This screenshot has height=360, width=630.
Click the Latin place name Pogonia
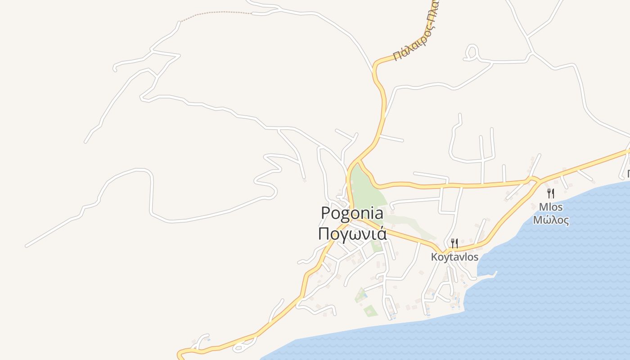coord(352,213)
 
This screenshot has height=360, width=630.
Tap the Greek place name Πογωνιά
coord(352,234)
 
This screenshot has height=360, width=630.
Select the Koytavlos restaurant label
coord(454,257)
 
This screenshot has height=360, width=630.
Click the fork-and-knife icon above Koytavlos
coord(454,243)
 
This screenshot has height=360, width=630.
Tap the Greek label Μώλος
coord(550,220)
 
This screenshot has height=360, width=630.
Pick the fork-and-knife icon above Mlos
coord(550,193)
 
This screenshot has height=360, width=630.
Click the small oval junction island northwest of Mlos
coord(534,180)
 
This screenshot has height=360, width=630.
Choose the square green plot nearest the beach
coord(370,310)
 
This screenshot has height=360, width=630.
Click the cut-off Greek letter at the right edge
coord(628,174)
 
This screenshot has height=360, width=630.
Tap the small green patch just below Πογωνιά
coord(376,246)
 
